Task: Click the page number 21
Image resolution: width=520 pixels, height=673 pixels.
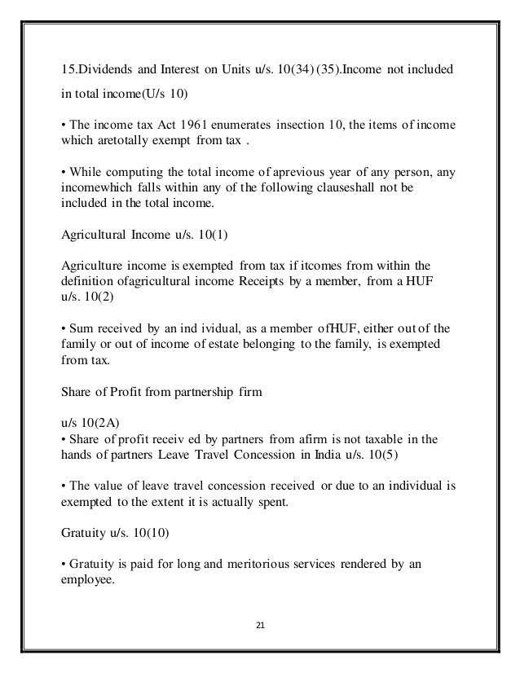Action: pyautogui.click(x=260, y=627)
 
